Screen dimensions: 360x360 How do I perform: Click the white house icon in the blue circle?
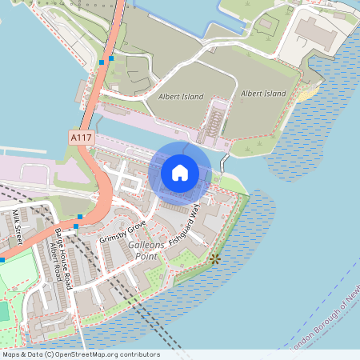pos(180,172)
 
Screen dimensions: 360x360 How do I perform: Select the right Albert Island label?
pos(263,94)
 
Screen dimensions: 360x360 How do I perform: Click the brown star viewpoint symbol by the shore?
pos(214,258)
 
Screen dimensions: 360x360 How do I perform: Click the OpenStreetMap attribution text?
pos(80,354)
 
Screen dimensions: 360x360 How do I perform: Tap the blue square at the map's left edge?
pos(2,260)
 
